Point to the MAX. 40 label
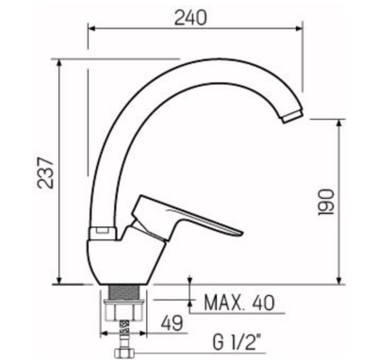(x=240, y=303)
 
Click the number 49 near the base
(x=172, y=322)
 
